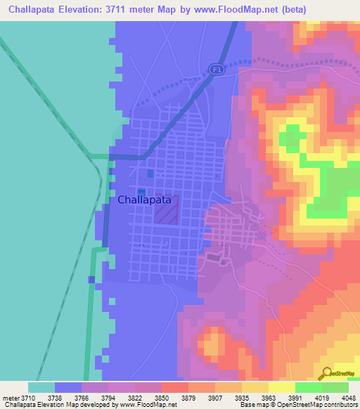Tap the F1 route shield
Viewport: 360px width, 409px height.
[x=215, y=68]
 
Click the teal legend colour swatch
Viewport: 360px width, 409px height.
[x=41, y=387]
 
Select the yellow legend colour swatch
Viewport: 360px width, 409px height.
[x=281, y=387]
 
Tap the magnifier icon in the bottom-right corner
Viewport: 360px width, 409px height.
[x=326, y=372]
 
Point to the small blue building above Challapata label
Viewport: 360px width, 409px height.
[x=150, y=174]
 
